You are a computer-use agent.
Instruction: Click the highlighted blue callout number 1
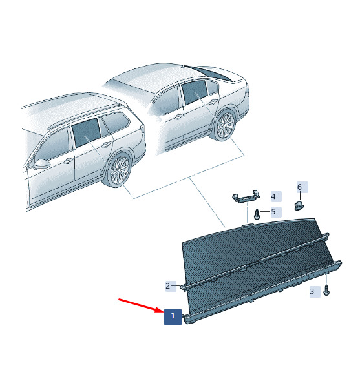tap(173, 316)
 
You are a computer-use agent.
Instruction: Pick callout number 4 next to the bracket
tap(276, 196)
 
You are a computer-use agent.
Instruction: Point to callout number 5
tap(276, 212)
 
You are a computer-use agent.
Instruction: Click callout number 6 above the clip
tap(302, 187)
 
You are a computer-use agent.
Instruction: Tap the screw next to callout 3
tap(326, 290)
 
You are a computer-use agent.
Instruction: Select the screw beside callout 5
tap(257, 214)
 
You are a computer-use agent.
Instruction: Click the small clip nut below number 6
tap(299, 205)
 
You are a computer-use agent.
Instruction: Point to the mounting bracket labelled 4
tap(246, 197)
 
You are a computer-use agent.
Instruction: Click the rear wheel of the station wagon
tap(120, 170)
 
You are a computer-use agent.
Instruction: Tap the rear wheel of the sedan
tap(226, 125)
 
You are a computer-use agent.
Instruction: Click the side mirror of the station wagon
tap(41, 164)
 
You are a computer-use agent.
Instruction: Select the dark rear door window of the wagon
tap(86, 132)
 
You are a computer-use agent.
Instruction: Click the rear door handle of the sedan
tap(213, 102)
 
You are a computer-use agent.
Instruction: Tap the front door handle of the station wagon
tap(69, 161)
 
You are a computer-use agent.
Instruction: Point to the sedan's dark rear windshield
tap(209, 73)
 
